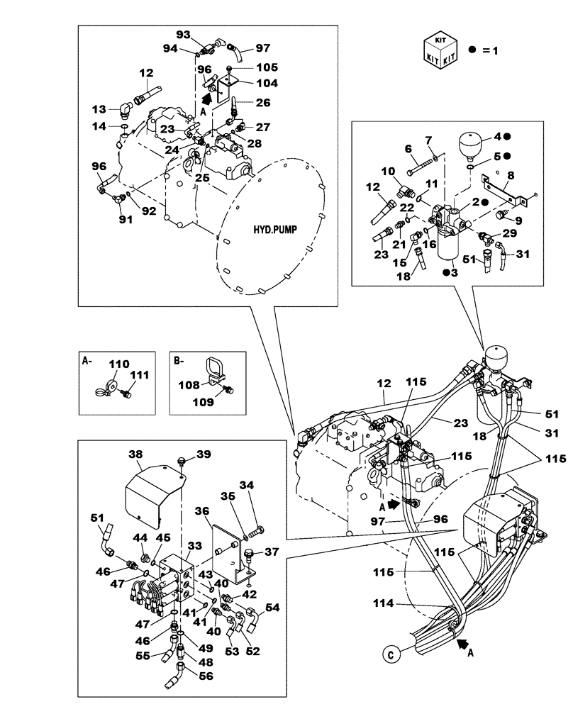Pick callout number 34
[x=246, y=486]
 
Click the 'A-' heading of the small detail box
[x=87, y=359]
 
